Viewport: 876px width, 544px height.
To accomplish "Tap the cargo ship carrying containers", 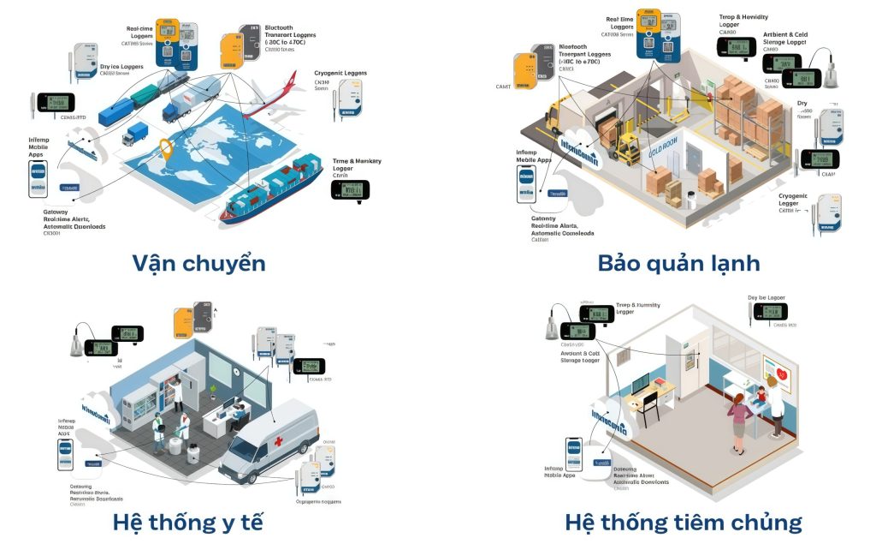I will point(272,189).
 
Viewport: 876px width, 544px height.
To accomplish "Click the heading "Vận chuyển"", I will point(198,262).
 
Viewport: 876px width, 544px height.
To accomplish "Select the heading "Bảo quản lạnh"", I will point(678,262).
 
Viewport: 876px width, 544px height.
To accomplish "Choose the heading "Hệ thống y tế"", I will point(187,522).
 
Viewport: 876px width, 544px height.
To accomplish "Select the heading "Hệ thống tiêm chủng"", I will point(683,522).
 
